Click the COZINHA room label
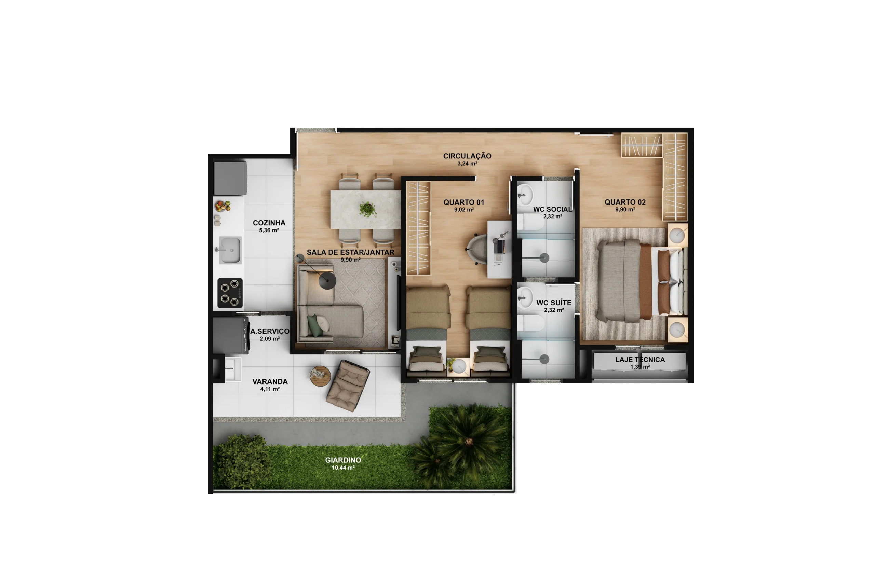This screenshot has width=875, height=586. tap(269, 223)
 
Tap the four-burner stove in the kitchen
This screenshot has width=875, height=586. tap(230, 293)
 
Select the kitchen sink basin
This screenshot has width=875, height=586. tap(230, 250)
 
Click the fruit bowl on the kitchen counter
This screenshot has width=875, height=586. tap(223, 206)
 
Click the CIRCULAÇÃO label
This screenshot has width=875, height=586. tap(467, 156)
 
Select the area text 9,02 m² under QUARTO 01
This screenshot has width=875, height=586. tap(464, 210)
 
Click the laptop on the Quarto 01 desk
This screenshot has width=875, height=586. tap(499, 247)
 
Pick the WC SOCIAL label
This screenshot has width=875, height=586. tap(553, 209)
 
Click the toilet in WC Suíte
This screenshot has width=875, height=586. tap(531, 322)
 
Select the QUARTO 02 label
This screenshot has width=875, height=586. tap(625, 202)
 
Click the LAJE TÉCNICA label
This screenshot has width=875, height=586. tap(640, 360)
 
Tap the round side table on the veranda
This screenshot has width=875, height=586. tap(320, 376)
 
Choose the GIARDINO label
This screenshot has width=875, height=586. tap(343, 460)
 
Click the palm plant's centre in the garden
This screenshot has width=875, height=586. tap(469, 442)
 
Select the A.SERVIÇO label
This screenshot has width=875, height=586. tap(270, 331)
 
